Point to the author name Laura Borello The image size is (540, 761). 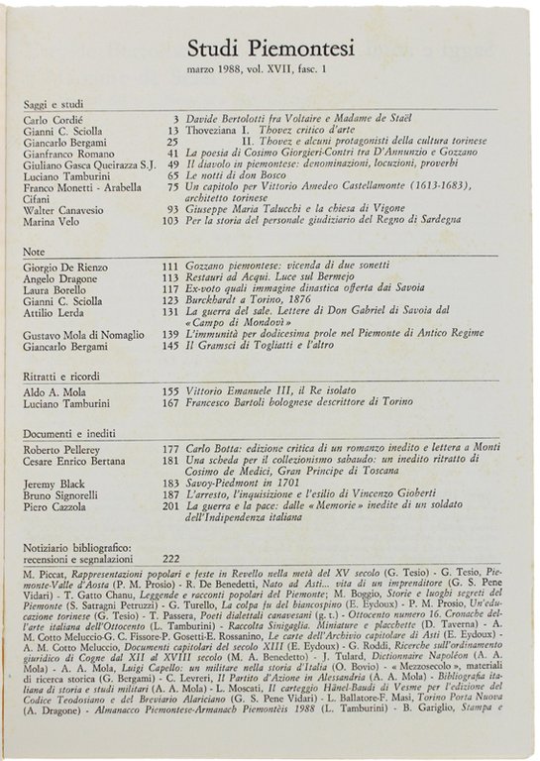(56, 289)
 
